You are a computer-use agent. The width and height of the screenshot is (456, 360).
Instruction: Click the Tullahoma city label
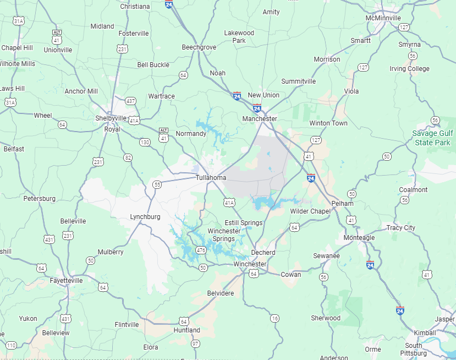coord(211,178)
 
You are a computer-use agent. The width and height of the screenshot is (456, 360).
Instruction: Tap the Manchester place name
coord(260,118)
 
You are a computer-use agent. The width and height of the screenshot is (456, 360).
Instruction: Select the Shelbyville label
coord(111,118)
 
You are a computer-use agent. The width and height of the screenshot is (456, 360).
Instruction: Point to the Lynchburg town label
coord(145,217)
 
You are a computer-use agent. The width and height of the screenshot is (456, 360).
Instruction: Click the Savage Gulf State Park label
coord(432,138)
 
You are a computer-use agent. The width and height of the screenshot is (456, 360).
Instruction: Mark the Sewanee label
coord(327,256)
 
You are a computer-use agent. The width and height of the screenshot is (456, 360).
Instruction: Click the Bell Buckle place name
coord(153,65)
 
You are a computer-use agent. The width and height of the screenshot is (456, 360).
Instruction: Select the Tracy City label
coord(401,228)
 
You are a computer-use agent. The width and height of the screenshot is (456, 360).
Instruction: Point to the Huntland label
coord(187,330)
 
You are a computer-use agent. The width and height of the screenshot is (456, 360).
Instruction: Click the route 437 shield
coord(130,101)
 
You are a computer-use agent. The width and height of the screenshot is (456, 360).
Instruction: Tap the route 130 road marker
coord(145,142)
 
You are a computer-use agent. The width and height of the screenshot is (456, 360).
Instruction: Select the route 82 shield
coord(128,157)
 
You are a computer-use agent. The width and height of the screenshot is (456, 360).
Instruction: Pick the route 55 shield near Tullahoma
coord(157,184)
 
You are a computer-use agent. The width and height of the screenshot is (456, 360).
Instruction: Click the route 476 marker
coord(201,250)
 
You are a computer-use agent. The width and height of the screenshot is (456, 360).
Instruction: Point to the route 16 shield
coord(274,318)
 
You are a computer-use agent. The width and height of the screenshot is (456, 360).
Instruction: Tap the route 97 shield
coord(195,344)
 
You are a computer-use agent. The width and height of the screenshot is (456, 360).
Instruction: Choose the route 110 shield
coord(11,345)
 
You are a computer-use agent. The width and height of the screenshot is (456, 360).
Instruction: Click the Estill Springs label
coord(244,222)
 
